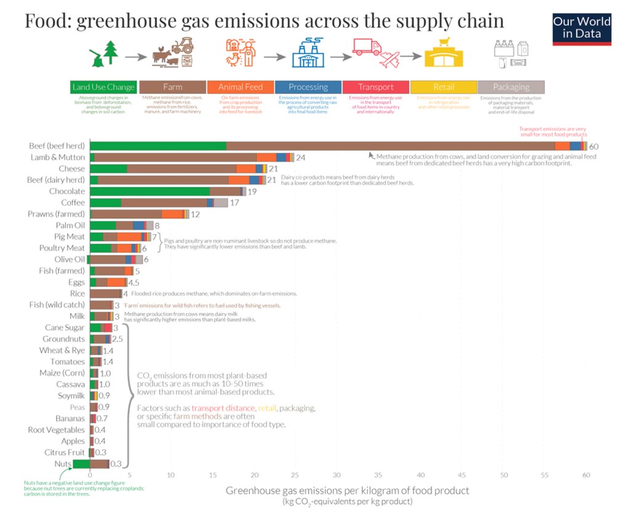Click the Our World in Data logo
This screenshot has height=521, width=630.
(581, 28)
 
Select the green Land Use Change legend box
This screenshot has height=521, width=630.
(103, 87)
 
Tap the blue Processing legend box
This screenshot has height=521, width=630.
(308, 87)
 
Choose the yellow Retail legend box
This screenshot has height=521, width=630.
(444, 87)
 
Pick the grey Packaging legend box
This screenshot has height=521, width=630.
(511, 87)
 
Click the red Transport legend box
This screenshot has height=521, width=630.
(376, 87)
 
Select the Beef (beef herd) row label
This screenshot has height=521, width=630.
(57, 146)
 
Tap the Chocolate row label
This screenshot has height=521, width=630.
(67, 191)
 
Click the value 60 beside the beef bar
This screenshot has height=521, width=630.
(594, 146)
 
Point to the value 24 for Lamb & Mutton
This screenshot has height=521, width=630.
(301, 157)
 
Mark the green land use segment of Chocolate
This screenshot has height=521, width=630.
(150, 191)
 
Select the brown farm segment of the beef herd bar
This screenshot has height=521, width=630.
(390, 146)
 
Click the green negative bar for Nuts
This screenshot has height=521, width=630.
(81, 464)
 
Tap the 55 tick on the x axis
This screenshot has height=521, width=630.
(544, 475)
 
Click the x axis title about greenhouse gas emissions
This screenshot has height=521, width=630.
(347, 490)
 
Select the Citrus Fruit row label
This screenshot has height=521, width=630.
(64, 452)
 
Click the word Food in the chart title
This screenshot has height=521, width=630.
(43, 21)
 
